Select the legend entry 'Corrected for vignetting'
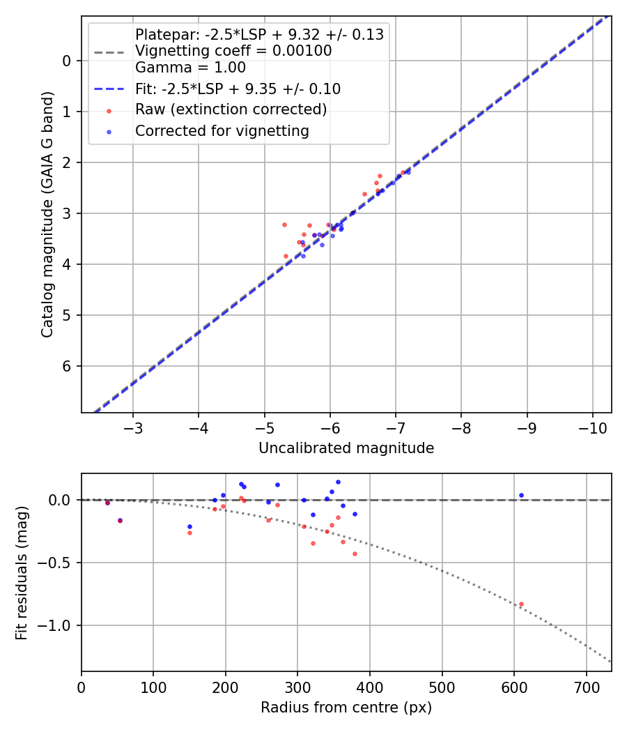221,130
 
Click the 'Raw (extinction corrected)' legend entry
231,109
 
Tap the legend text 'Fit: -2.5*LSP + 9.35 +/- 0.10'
237,89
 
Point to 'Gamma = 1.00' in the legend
190,68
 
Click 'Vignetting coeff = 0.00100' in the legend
233,51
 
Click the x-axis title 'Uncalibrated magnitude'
346,448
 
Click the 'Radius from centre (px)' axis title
346,708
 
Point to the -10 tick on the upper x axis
592,427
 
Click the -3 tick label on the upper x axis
133,427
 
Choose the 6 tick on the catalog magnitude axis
68,366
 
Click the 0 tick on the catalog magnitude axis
68,61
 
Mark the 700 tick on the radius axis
586,686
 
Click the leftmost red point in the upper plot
284,224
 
